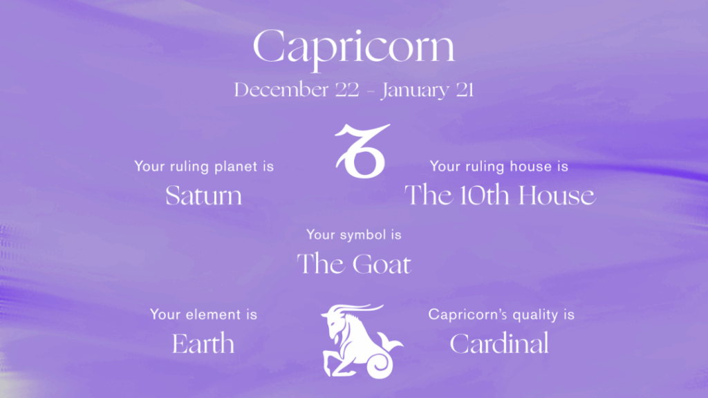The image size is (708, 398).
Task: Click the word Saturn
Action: pyautogui.click(x=204, y=196)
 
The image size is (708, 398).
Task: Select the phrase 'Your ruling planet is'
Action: pyautogui.click(x=204, y=167)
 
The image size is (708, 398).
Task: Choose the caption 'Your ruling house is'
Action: pyautogui.click(x=499, y=167)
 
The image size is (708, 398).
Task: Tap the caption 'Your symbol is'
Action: pyautogui.click(x=354, y=235)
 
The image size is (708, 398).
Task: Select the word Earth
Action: pyautogui.click(x=203, y=343)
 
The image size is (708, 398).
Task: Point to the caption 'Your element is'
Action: pyautogui.click(x=203, y=315)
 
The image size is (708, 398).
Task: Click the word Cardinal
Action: pyautogui.click(x=499, y=343)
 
